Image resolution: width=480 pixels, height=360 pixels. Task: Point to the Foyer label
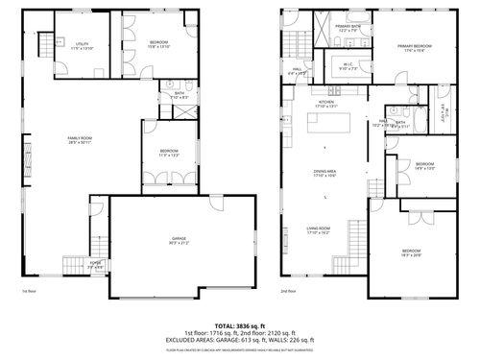pyautogui.click(x=96, y=264)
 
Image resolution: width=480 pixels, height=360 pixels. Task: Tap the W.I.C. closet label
pyautogui.click(x=349, y=67)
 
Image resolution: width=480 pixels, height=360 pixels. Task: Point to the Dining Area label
pyautogui.click(x=324, y=174)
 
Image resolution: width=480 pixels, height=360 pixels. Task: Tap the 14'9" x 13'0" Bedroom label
pyautogui.click(x=425, y=166)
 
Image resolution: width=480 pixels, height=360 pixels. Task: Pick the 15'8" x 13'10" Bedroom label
pyautogui.click(x=159, y=45)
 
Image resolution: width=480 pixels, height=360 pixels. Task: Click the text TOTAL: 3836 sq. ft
pyautogui.click(x=240, y=325)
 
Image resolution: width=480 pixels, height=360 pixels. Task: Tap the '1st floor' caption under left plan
pyautogui.click(x=28, y=291)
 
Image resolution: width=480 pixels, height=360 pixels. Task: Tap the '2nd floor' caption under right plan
pyautogui.click(x=288, y=291)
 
